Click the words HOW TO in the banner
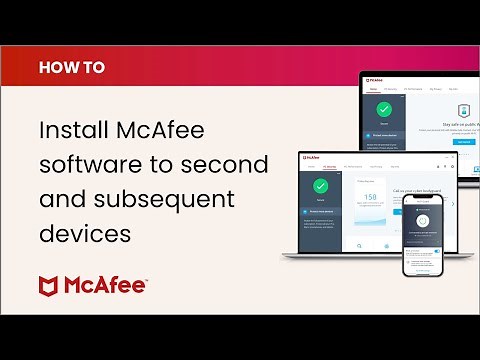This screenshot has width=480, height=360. tap(71, 68)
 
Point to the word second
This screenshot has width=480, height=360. tap(229, 165)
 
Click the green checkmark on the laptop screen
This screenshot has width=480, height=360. tap(321, 186)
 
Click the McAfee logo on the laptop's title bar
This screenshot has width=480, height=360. tap(311, 157)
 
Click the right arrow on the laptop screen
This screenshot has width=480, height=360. tap(452, 204)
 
